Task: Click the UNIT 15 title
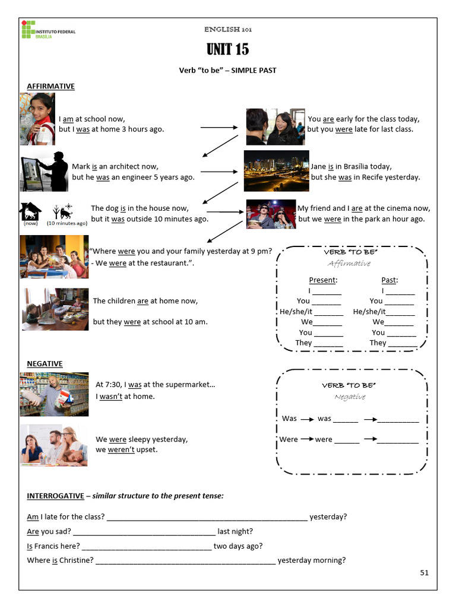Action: click(x=227, y=49)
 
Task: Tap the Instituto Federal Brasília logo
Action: click(x=48, y=30)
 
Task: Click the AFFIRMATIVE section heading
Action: click(x=50, y=86)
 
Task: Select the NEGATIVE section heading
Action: click(x=45, y=363)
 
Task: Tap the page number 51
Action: click(x=424, y=572)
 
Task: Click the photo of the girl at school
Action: click(x=37, y=119)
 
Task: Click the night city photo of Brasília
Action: click(x=276, y=170)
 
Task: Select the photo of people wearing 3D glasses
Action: click(x=271, y=214)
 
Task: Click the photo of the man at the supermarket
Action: click(x=54, y=394)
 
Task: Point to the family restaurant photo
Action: click(x=54, y=256)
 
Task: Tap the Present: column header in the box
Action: click(x=323, y=280)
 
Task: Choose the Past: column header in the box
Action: click(x=389, y=280)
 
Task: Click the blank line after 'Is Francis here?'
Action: click(x=146, y=546)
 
